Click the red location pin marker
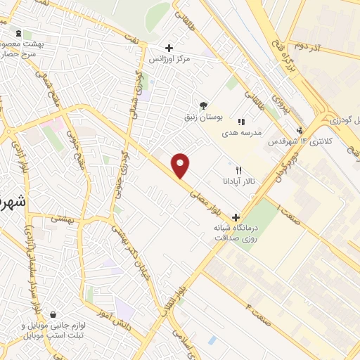(181, 165)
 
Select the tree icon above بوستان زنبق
(204, 105)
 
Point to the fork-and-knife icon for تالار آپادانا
(239, 170)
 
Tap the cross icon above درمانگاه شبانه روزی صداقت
(236, 217)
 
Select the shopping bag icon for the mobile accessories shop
(53, 316)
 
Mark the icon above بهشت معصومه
(18, 33)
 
